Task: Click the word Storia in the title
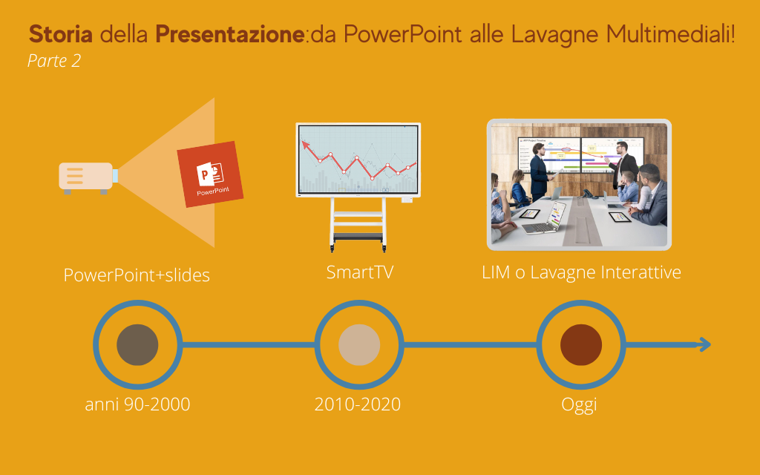[x=61, y=34]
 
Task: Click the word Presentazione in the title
[x=230, y=34]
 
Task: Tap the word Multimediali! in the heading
[x=670, y=34]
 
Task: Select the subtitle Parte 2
[x=53, y=61]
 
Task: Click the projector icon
[x=88, y=177]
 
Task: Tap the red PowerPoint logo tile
[x=210, y=174]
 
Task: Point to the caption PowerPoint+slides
[x=137, y=275]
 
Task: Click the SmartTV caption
[x=360, y=272]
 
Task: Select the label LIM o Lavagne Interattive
[x=581, y=272]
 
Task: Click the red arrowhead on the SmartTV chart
[x=305, y=144]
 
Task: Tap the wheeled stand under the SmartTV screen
[x=358, y=224]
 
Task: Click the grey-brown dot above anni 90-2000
[x=137, y=344]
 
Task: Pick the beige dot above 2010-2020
[x=359, y=344]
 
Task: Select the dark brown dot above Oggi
[x=581, y=344]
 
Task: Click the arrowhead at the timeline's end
[x=705, y=344]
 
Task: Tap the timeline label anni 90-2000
[x=137, y=404]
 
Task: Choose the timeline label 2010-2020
[x=358, y=404]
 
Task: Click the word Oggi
[x=579, y=405]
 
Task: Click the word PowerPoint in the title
[x=402, y=34]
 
